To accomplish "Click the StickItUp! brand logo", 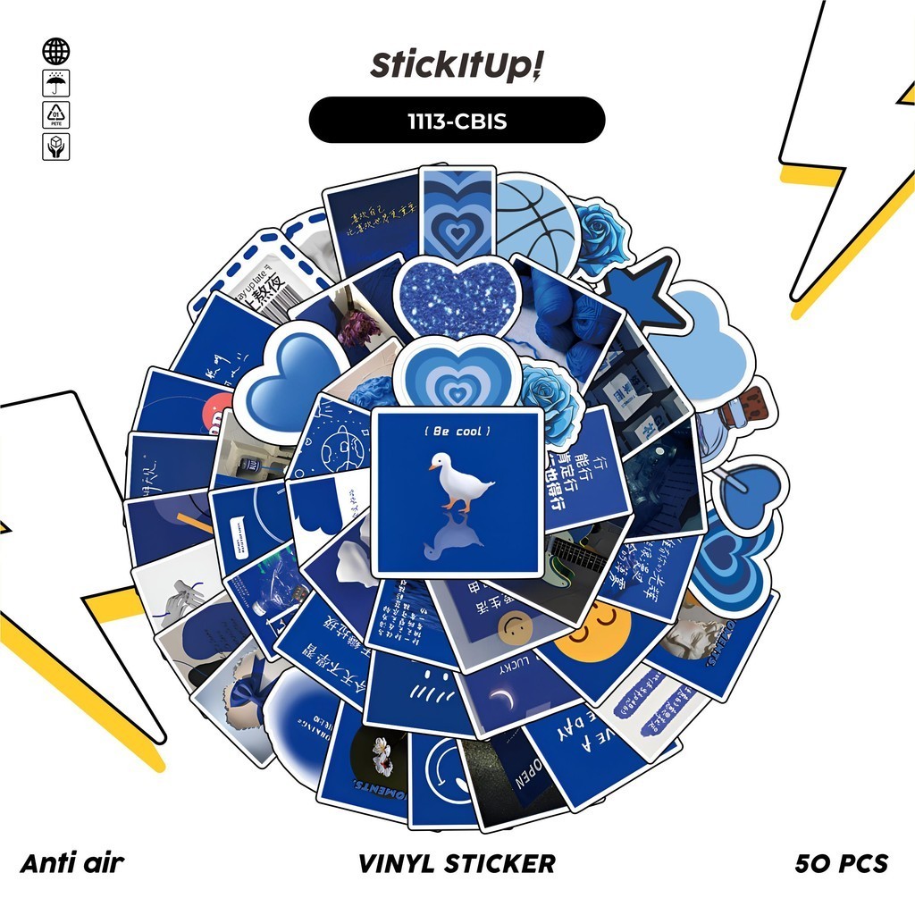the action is pos(457,66).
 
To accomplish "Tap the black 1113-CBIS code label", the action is pos(457,120).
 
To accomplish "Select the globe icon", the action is pos(55,51).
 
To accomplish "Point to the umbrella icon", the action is pos(55,83).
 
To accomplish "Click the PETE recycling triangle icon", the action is pos(55,114).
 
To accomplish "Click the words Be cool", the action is pos(457,432).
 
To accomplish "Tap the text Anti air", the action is pos(72,863).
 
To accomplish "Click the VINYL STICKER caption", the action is pos(457,863).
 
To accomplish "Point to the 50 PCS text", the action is pos(841,863).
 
